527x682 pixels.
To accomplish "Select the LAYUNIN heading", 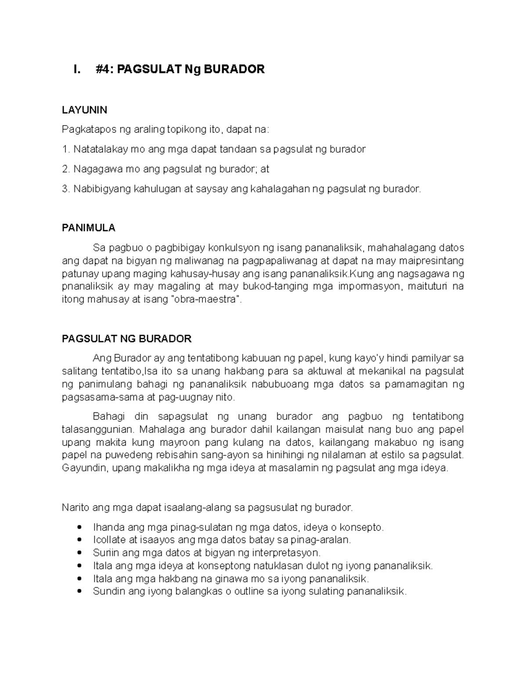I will point(84,110).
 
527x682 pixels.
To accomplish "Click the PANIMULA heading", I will point(88,227).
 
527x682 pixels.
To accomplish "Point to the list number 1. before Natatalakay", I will point(66,149).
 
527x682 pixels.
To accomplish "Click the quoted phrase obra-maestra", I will point(205,300).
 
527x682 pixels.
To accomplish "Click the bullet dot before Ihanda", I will point(79,527).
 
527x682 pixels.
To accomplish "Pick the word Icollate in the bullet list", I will point(108,540).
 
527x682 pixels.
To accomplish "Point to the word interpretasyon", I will point(288,552).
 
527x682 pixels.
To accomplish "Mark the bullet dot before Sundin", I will point(79,591).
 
